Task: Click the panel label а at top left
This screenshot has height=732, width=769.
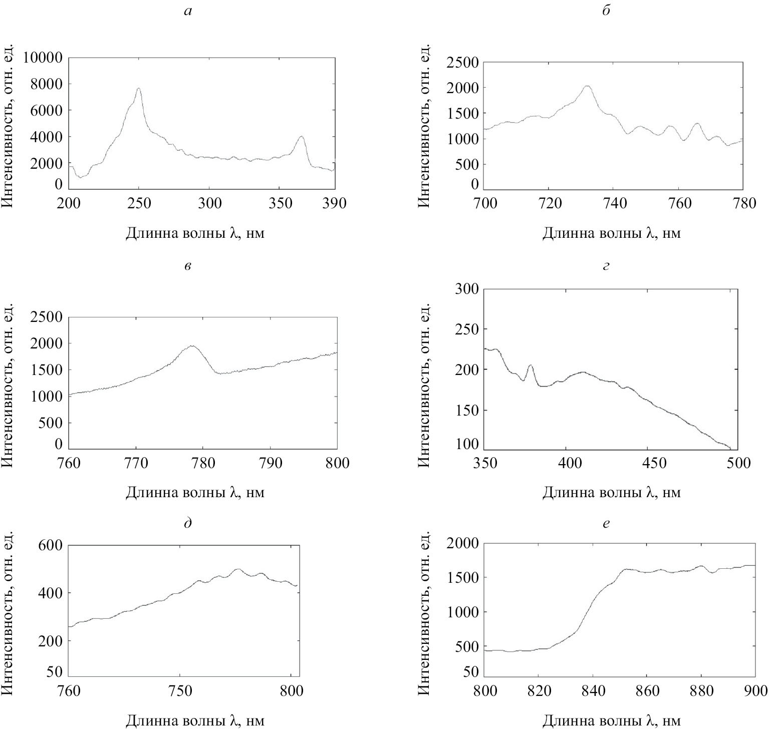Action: pos(188,11)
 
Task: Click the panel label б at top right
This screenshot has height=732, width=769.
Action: pos(606,11)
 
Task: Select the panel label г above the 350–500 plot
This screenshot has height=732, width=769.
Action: pos(606,266)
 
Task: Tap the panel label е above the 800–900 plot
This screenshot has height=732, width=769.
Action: pos(606,524)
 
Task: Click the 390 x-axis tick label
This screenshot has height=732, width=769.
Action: pos(334,204)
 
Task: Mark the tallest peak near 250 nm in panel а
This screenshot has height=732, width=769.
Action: pos(138,89)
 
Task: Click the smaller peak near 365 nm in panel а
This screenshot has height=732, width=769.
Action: pos(301,136)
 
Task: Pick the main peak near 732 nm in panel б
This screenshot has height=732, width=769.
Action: pos(588,86)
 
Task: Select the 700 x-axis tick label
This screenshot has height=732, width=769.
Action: pos(484,204)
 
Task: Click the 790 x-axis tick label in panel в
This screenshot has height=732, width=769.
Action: pos(270,463)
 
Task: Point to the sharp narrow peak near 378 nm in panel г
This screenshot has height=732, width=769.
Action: pos(530,365)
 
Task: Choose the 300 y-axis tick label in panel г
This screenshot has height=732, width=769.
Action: pos(467,289)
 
